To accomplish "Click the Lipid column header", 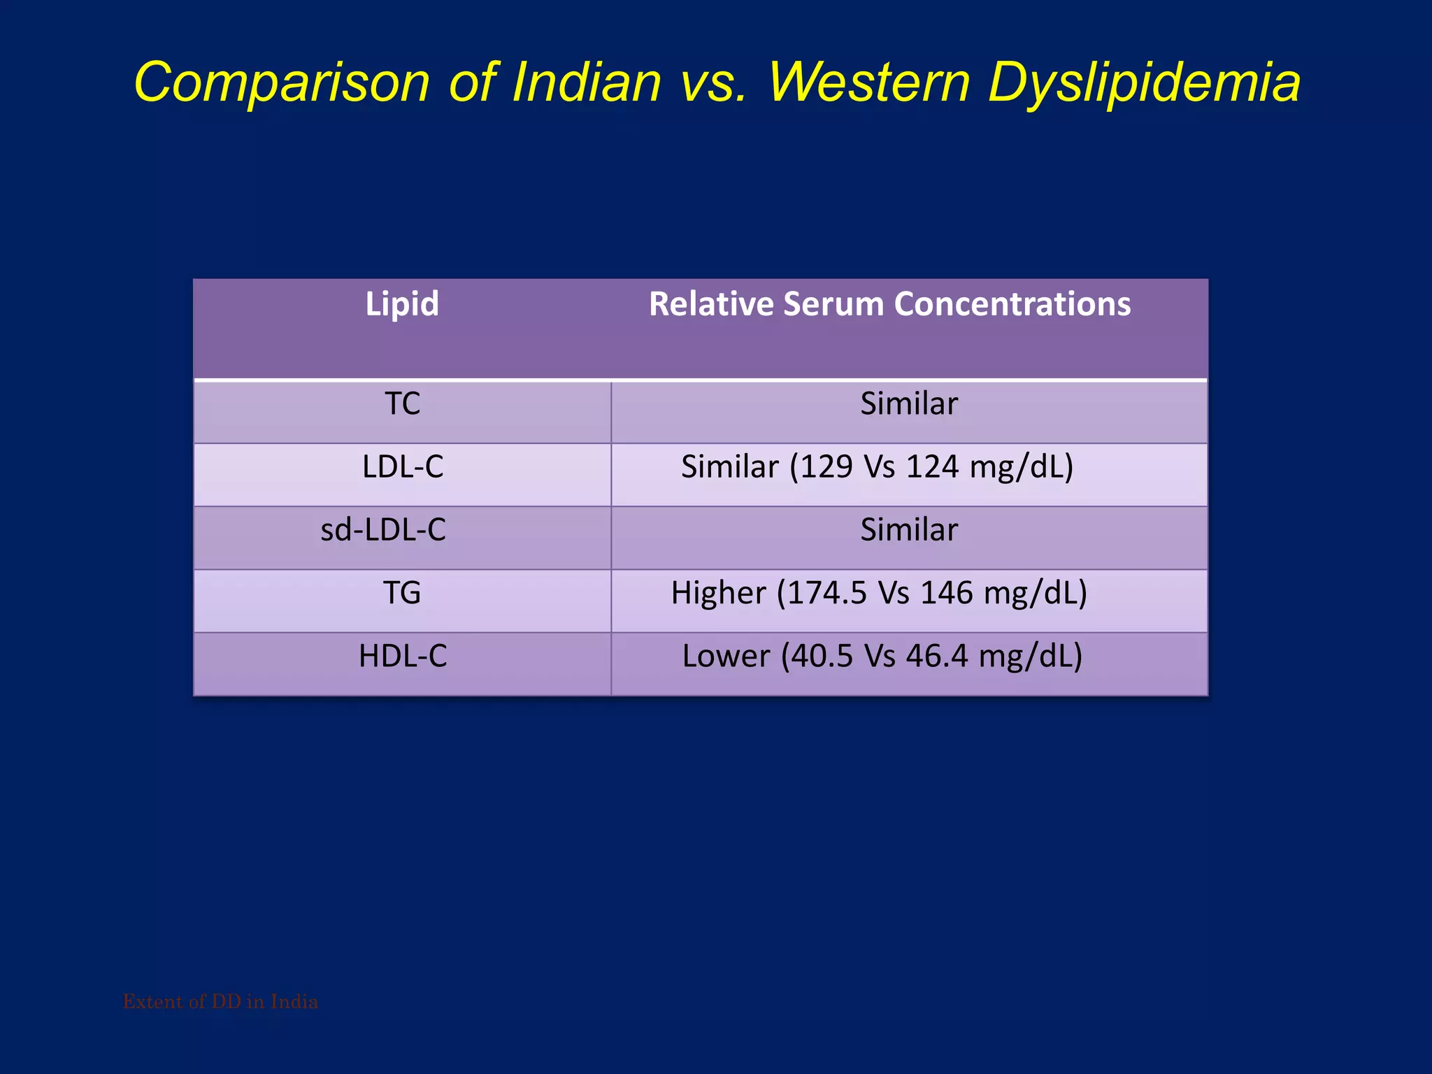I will (402, 304).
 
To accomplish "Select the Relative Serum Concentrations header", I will (889, 304).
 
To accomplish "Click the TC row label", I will (403, 404).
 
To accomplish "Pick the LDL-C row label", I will (403, 467).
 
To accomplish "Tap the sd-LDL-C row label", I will (383, 530).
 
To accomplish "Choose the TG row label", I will (402, 593).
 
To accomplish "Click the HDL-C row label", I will (403, 656).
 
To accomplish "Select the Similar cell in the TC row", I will (909, 404).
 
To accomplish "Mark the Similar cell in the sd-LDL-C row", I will (909, 530).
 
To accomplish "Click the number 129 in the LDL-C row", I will (826, 467).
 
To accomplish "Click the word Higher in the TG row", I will (718, 593).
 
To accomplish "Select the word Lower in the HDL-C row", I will (725, 656).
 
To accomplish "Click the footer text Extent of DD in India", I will (220, 1002).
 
